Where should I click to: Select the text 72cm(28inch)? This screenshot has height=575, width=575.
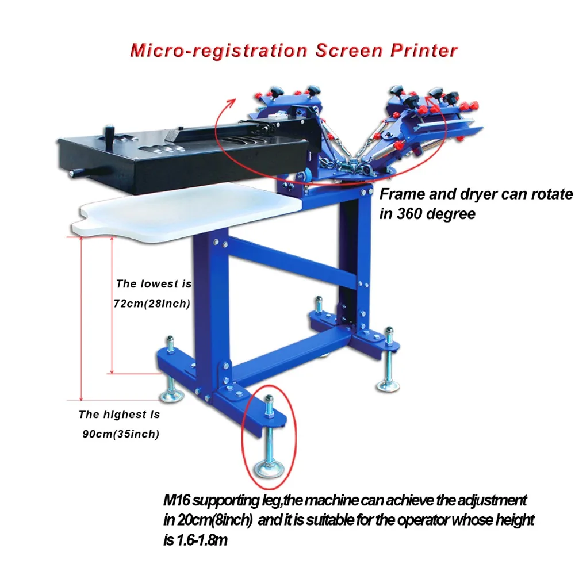(152, 304)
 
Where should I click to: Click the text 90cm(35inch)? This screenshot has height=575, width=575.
(120, 434)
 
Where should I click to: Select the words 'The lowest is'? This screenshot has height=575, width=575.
(154, 283)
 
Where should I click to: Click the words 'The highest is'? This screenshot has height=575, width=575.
(119, 414)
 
